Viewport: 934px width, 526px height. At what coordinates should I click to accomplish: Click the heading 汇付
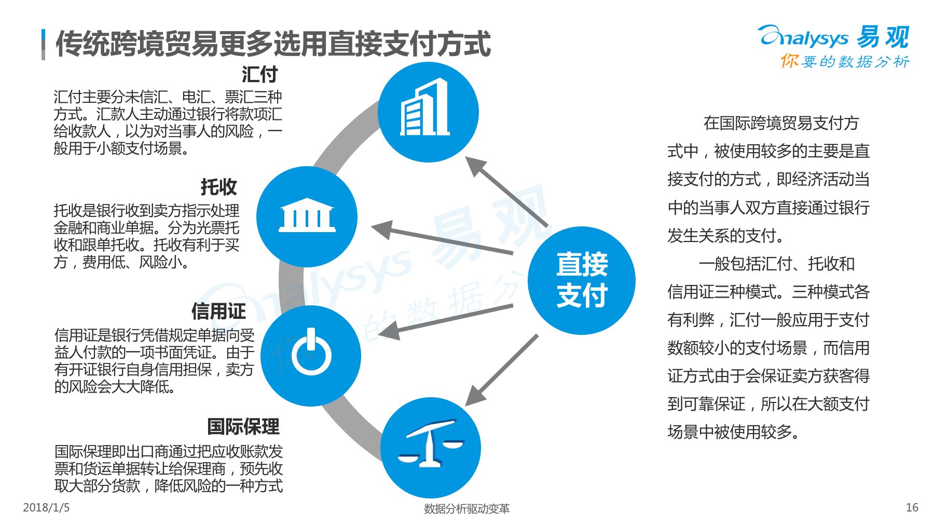[259, 74]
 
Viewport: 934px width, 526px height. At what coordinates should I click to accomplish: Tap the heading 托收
[218, 187]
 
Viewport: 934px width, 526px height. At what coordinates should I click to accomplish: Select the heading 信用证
[218, 312]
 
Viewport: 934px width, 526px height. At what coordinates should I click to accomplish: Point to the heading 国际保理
[243, 427]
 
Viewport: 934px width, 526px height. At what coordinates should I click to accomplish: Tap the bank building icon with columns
[307, 216]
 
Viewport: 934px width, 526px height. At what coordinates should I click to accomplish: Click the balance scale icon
[430, 445]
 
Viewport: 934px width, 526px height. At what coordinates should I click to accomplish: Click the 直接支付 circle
[582, 280]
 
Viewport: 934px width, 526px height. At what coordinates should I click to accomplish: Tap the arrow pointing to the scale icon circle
[501, 370]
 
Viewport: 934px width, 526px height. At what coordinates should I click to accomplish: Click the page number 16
[912, 507]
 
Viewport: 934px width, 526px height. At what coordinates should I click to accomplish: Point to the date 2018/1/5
[46, 507]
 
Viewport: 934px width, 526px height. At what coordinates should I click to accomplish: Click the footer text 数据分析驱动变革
[466, 509]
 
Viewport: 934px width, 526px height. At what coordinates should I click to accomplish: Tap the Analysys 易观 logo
[833, 37]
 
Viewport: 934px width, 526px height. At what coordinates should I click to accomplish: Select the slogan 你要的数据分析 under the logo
[845, 61]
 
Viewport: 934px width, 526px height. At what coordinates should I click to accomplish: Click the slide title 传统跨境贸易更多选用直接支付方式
[273, 44]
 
